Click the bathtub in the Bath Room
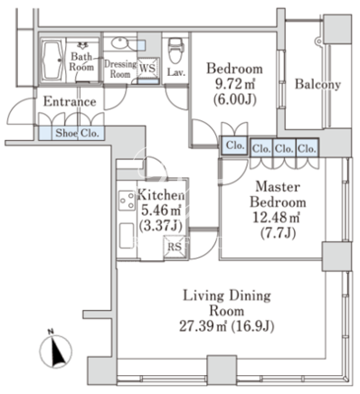[x=52, y=60]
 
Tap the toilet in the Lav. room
[x=175, y=50]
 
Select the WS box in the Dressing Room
[x=147, y=67]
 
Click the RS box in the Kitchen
[x=175, y=248]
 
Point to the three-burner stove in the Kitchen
[x=127, y=200]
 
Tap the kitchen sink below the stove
[x=127, y=236]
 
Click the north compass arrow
[x=56, y=352]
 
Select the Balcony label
[x=317, y=84]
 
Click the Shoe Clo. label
[x=77, y=133]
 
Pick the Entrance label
[x=70, y=101]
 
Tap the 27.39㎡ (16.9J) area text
[x=227, y=326]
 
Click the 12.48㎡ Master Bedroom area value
[x=276, y=218]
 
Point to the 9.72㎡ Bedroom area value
[x=235, y=84]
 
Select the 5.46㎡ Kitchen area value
[x=161, y=211]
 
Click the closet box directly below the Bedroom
[x=234, y=145]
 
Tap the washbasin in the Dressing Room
[x=121, y=42]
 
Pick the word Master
[x=278, y=187]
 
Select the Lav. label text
[x=176, y=72]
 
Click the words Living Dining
[x=227, y=295]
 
